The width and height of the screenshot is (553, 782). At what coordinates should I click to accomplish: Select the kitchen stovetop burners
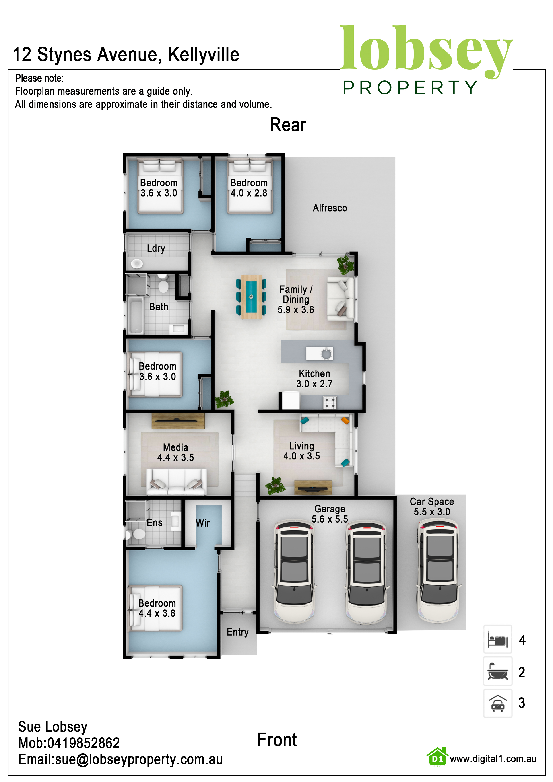click(x=330, y=402)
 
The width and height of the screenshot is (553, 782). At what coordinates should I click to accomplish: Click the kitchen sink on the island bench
click(x=326, y=354)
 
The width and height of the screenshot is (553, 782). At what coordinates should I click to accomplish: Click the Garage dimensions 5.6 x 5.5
click(x=330, y=519)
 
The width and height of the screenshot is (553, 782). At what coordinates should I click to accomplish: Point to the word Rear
click(x=288, y=125)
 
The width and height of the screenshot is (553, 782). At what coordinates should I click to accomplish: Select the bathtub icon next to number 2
click(x=497, y=671)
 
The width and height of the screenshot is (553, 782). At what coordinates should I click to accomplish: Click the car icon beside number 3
click(x=497, y=703)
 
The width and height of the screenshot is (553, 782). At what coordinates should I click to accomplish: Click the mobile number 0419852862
click(x=83, y=743)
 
